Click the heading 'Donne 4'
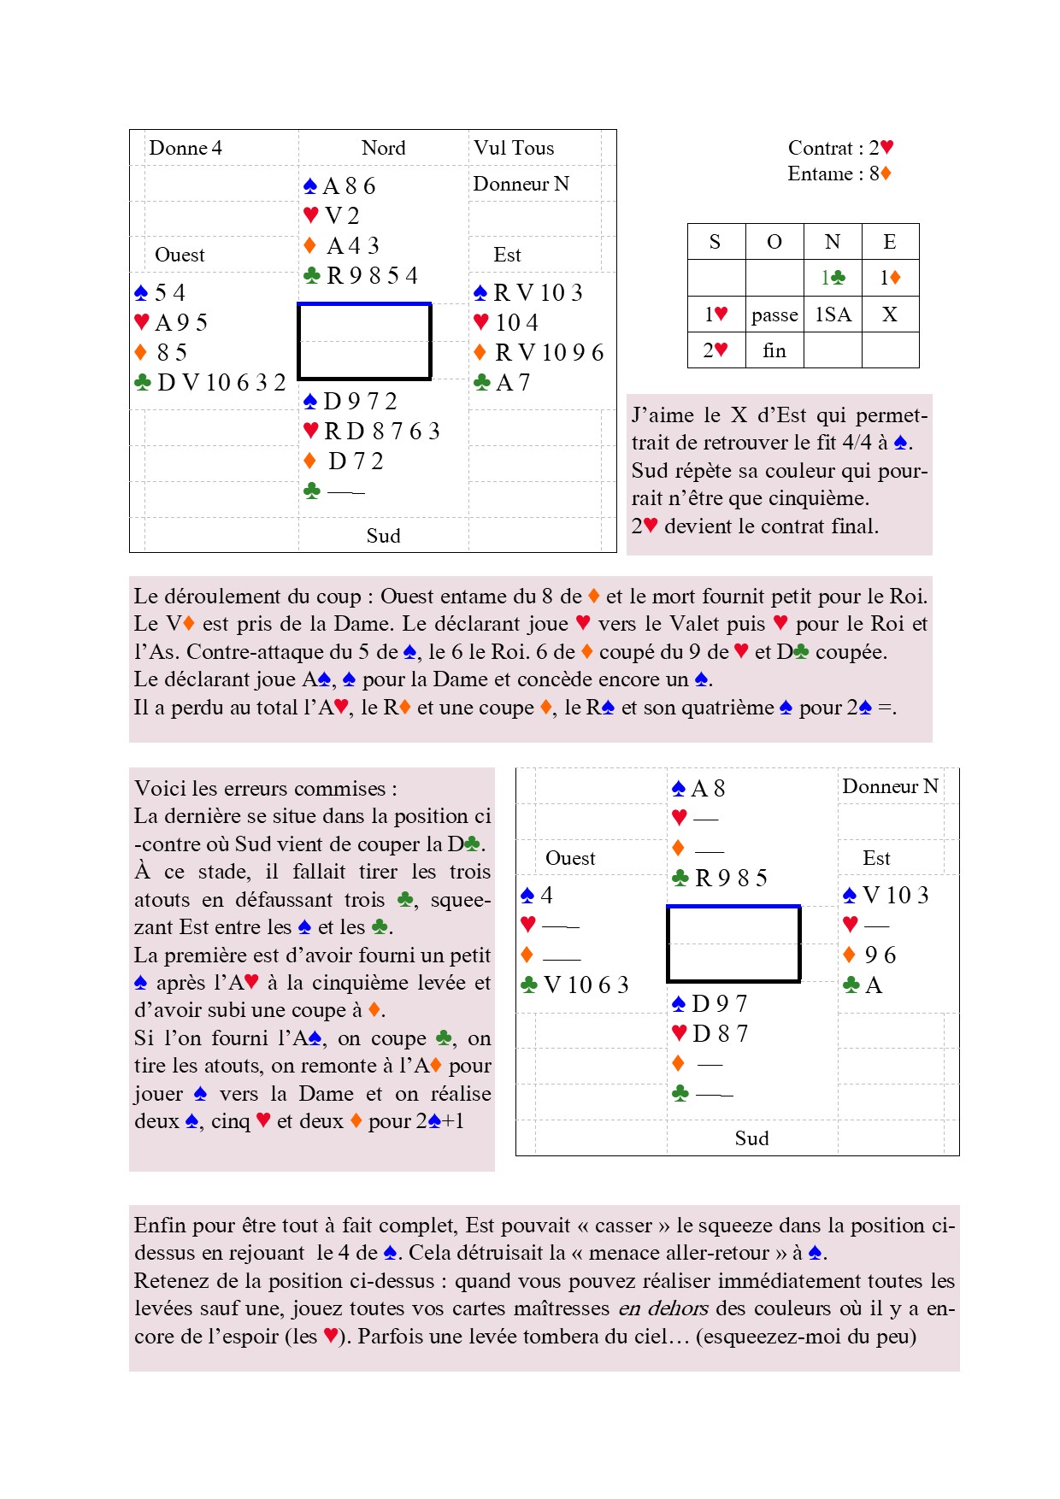point(185,148)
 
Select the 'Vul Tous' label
point(514,148)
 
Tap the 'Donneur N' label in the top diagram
point(521,184)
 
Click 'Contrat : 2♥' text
point(840,148)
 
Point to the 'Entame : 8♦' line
point(839,173)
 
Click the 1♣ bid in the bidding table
point(833,278)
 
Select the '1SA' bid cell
point(833,314)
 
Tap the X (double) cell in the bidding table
point(890,314)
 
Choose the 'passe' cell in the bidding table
point(774,315)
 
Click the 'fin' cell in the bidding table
point(774,350)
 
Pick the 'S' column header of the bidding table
point(715,242)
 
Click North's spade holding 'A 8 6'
point(349,186)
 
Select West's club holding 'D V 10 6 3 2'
point(221,383)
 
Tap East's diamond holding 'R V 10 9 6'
point(549,353)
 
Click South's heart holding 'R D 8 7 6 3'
point(381,432)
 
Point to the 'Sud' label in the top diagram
point(383,536)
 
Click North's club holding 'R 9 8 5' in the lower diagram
point(731,879)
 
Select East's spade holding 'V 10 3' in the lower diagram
point(895,896)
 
